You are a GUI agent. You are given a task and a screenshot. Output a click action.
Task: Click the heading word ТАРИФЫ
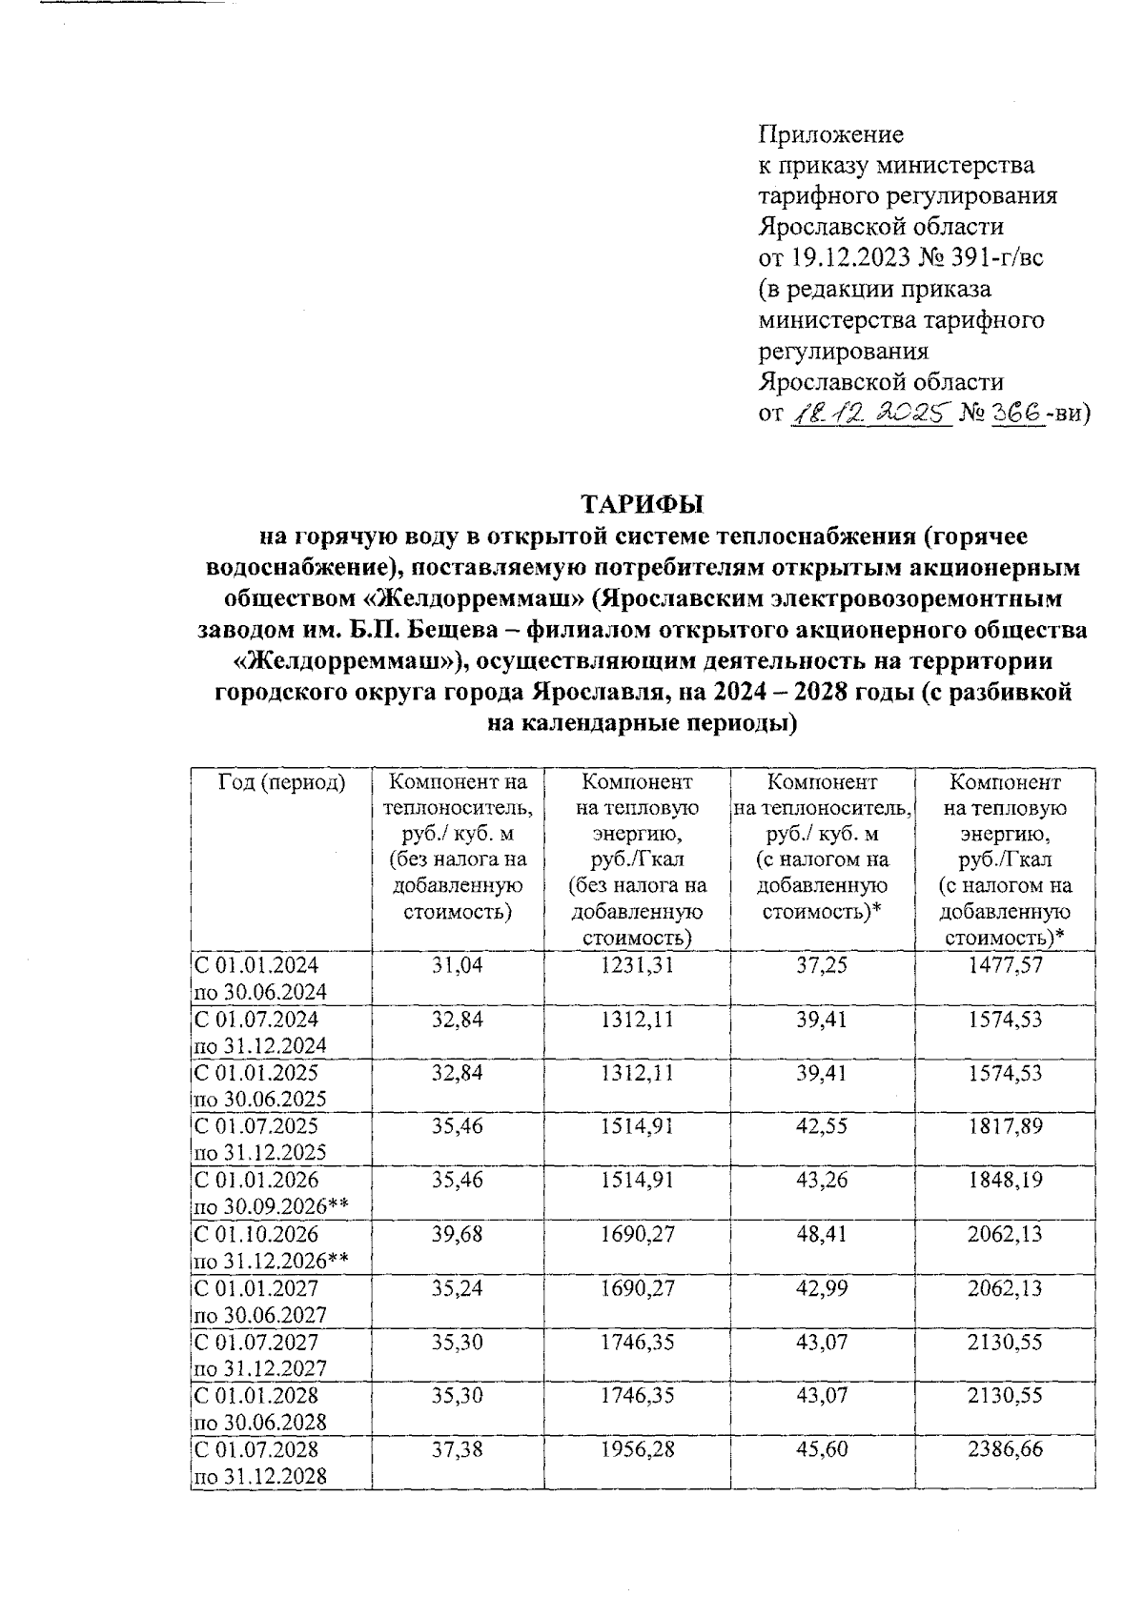click(641, 503)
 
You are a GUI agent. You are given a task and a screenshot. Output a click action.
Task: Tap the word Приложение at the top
click(829, 133)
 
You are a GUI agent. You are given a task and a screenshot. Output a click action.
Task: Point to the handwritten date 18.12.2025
click(869, 414)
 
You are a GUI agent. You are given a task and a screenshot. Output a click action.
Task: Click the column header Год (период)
click(281, 783)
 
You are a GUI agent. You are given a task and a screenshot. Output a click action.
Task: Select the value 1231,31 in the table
click(637, 965)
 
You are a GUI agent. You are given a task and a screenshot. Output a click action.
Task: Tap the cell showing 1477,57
click(1005, 965)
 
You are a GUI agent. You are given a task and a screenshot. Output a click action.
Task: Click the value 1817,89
click(1005, 1126)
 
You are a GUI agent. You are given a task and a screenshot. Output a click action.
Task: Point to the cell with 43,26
click(822, 1180)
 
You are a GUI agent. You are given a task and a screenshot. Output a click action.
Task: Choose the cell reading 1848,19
click(1005, 1180)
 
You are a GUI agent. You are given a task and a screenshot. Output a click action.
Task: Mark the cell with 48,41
click(822, 1234)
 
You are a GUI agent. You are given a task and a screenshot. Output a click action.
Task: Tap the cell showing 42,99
click(822, 1288)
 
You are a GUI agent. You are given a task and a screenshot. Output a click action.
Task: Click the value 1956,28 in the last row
click(637, 1449)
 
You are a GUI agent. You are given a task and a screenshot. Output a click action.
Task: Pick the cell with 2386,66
click(1005, 1449)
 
